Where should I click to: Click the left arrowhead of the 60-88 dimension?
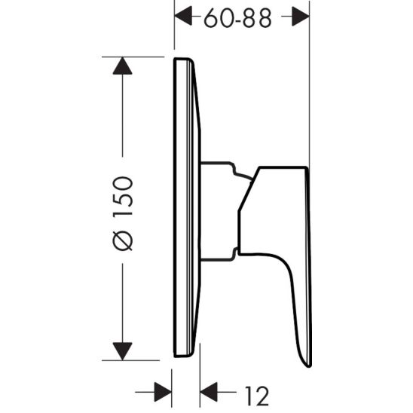tap(184, 14)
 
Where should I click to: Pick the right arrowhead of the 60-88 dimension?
tap(300, 14)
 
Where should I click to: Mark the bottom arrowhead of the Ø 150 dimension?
tap(122, 350)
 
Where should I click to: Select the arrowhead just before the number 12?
tap(210, 390)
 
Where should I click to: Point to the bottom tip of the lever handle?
tap(304, 364)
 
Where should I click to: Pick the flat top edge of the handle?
tap(283, 167)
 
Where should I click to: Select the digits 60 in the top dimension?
tap(216, 18)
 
